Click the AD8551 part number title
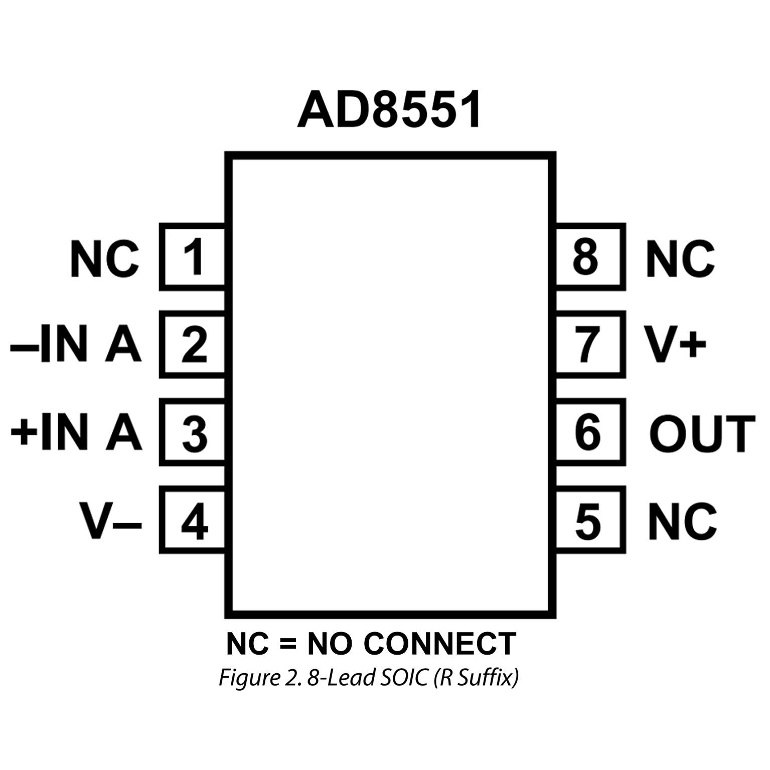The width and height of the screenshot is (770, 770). pyautogui.click(x=389, y=110)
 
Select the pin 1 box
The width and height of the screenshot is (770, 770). pyautogui.click(x=193, y=257)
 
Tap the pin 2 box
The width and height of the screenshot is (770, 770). pyautogui.click(x=193, y=344)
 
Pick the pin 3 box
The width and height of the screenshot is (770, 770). pyautogui.click(x=193, y=432)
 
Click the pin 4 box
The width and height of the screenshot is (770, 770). pyautogui.click(x=193, y=520)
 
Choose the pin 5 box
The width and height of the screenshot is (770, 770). pyautogui.click(x=590, y=520)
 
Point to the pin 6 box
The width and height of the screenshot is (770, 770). pyautogui.click(x=590, y=432)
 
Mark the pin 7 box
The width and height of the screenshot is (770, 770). pyautogui.click(x=590, y=344)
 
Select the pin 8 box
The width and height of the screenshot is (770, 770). pyautogui.click(x=590, y=257)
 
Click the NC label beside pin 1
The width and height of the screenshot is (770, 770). pyautogui.click(x=104, y=259)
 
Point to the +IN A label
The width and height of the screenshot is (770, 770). pyautogui.click(x=75, y=432)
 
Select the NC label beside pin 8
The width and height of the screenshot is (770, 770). pyautogui.click(x=680, y=259)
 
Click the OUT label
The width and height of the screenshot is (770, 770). pyautogui.click(x=701, y=433)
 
